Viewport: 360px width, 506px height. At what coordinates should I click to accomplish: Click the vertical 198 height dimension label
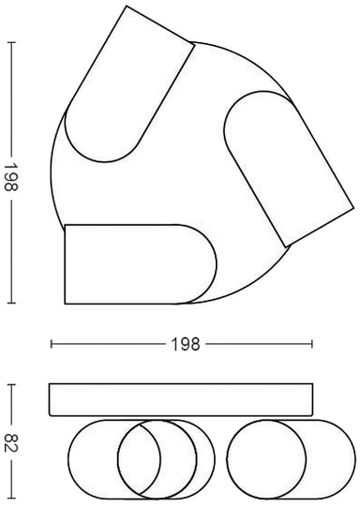click(10, 177)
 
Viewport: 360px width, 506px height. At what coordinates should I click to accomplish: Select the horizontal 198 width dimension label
click(185, 344)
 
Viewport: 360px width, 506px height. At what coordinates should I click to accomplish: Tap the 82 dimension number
click(11, 443)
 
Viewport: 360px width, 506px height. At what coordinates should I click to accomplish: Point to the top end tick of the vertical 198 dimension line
click(11, 42)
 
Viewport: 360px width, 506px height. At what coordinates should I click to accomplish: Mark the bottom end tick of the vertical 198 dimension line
click(11, 303)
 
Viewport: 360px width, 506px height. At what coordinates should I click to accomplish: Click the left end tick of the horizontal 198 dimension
click(52, 344)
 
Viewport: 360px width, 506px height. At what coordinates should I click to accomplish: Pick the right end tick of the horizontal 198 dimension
click(312, 344)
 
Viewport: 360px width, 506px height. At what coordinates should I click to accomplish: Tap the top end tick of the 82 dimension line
click(11, 384)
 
